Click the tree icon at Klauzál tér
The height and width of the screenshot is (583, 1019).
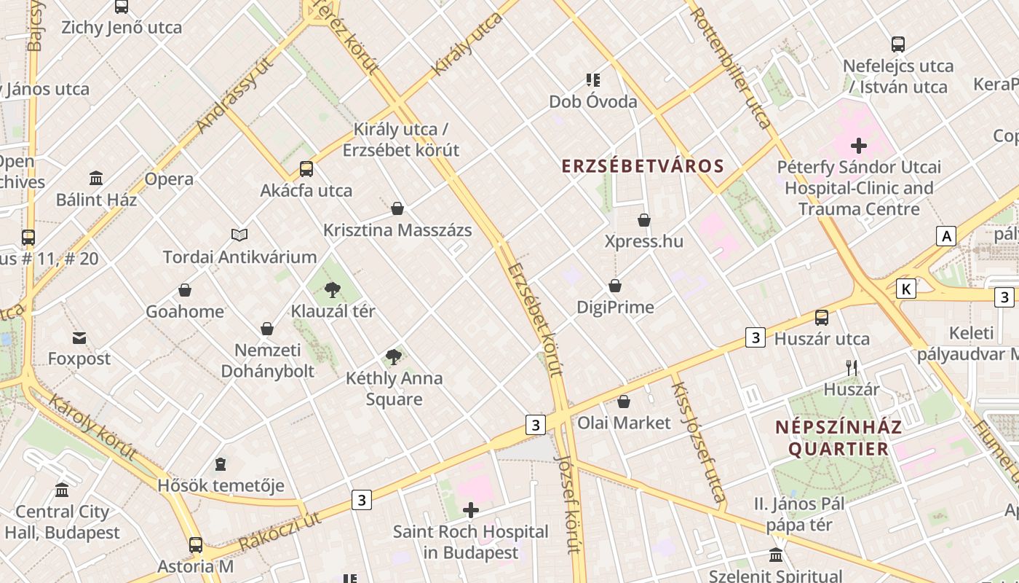pyautogui.click(x=333, y=290)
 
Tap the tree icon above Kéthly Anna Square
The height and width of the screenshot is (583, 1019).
pyautogui.click(x=394, y=357)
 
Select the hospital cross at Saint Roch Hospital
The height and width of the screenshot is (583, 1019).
pyautogui.click(x=471, y=510)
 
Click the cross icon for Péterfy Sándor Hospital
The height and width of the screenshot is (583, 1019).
pyautogui.click(x=859, y=146)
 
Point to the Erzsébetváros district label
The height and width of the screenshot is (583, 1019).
pyautogui.click(x=643, y=166)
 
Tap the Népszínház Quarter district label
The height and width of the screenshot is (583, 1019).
pyautogui.click(x=838, y=438)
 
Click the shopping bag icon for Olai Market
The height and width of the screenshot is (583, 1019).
pyautogui.click(x=624, y=402)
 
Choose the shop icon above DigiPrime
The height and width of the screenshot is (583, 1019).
pyautogui.click(x=615, y=286)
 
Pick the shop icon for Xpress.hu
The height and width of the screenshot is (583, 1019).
pyautogui.click(x=644, y=219)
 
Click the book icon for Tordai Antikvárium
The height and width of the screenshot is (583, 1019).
pyautogui.click(x=239, y=235)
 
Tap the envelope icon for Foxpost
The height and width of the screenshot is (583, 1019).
pyautogui.click(x=79, y=338)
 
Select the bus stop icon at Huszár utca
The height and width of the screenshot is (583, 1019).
pyautogui.click(x=822, y=317)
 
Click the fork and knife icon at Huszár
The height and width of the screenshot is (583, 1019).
pyautogui.click(x=852, y=368)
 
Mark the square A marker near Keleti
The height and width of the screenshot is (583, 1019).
pyautogui.click(x=945, y=236)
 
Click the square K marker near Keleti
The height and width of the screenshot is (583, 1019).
pyautogui.click(x=906, y=289)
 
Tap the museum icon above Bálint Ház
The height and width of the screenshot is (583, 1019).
pyautogui.click(x=96, y=179)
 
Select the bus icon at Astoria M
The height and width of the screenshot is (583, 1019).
pyautogui.click(x=196, y=544)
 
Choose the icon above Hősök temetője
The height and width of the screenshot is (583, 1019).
pyautogui.click(x=221, y=464)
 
